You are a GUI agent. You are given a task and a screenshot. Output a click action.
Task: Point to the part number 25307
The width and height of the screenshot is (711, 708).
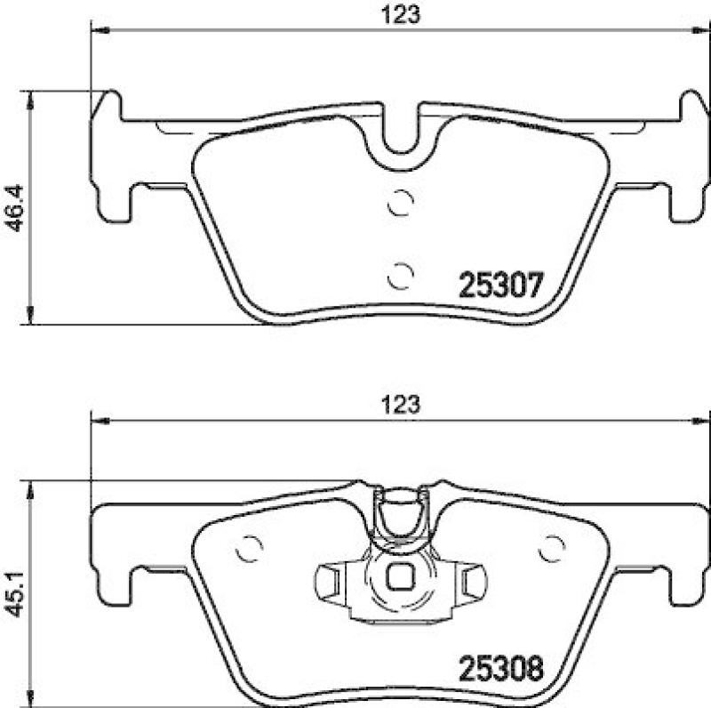click(499, 286)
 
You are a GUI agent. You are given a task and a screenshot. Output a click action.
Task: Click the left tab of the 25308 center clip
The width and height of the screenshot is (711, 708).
click(331, 582)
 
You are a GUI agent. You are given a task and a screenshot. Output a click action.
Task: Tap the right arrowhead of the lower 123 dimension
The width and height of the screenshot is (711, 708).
click(702, 418)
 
